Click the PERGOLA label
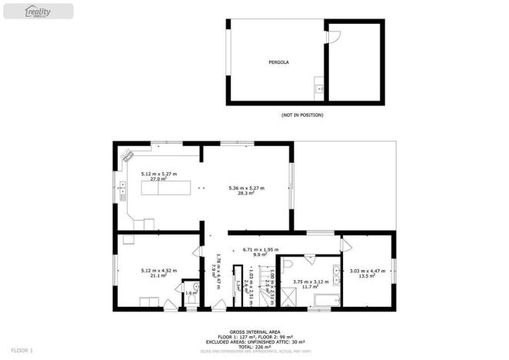click(278, 61)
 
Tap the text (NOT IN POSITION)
click(302, 115)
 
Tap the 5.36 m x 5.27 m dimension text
click(247, 188)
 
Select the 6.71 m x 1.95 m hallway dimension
click(259, 249)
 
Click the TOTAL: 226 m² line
click(254, 345)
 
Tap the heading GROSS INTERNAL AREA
click(254, 332)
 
